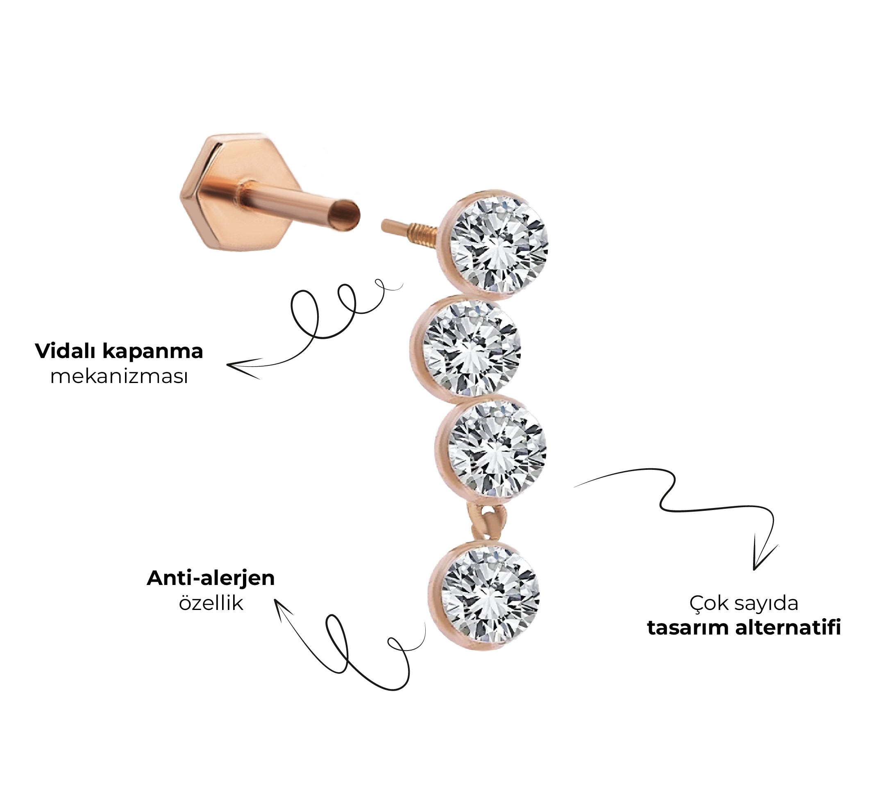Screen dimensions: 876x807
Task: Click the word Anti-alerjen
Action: pyautogui.click(x=211, y=578)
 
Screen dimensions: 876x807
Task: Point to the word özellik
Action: pyautogui.click(x=211, y=603)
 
